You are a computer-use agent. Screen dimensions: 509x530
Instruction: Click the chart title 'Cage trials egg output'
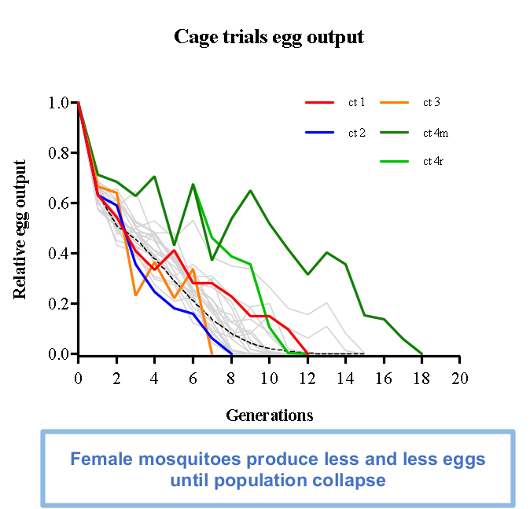[269, 37]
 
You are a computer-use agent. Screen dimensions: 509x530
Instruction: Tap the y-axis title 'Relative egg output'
[21, 229]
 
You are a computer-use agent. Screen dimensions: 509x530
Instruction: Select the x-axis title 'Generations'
[269, 414]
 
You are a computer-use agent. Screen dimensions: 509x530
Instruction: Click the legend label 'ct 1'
[357, 102]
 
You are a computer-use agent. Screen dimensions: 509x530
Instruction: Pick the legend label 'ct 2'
[357, 132]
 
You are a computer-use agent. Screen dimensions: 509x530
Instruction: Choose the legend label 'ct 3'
[431, 102]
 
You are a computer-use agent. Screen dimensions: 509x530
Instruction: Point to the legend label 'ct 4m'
[435, 132]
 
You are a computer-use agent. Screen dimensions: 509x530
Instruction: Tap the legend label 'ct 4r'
[433, 162]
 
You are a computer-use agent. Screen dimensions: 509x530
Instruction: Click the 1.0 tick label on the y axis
[58, 102]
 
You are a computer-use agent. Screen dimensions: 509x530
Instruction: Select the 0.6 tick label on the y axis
[58, 203]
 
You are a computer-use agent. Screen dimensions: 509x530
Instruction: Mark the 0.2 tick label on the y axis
[58, 303]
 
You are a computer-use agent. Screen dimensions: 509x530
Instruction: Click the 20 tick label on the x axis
[461, 378]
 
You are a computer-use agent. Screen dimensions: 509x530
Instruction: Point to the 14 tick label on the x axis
[346, 378]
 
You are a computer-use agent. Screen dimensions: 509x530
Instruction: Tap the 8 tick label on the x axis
[231, 378]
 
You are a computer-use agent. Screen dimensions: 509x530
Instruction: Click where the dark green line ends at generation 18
[422, 354]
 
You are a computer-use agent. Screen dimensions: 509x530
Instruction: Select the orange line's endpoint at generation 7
[212, 354]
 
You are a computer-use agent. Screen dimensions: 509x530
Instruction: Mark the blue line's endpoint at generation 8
[231, 354]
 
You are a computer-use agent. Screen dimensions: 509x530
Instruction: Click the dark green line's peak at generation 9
[250, 191]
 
